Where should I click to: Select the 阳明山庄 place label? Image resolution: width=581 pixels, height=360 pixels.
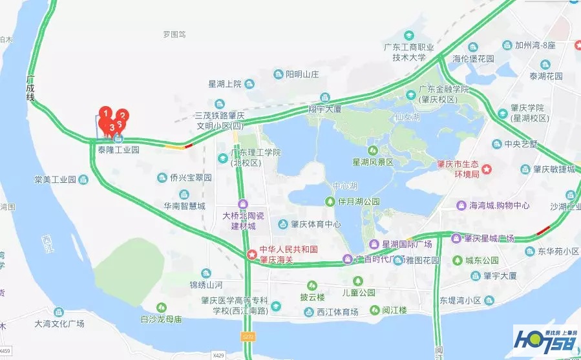tap(302, 74)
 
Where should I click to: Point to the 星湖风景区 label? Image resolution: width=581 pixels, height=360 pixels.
tap(372, 162)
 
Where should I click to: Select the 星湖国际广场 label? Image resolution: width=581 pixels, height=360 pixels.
tap(407, 244)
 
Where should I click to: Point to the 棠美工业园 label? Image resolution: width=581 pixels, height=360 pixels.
tap(56, 178)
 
